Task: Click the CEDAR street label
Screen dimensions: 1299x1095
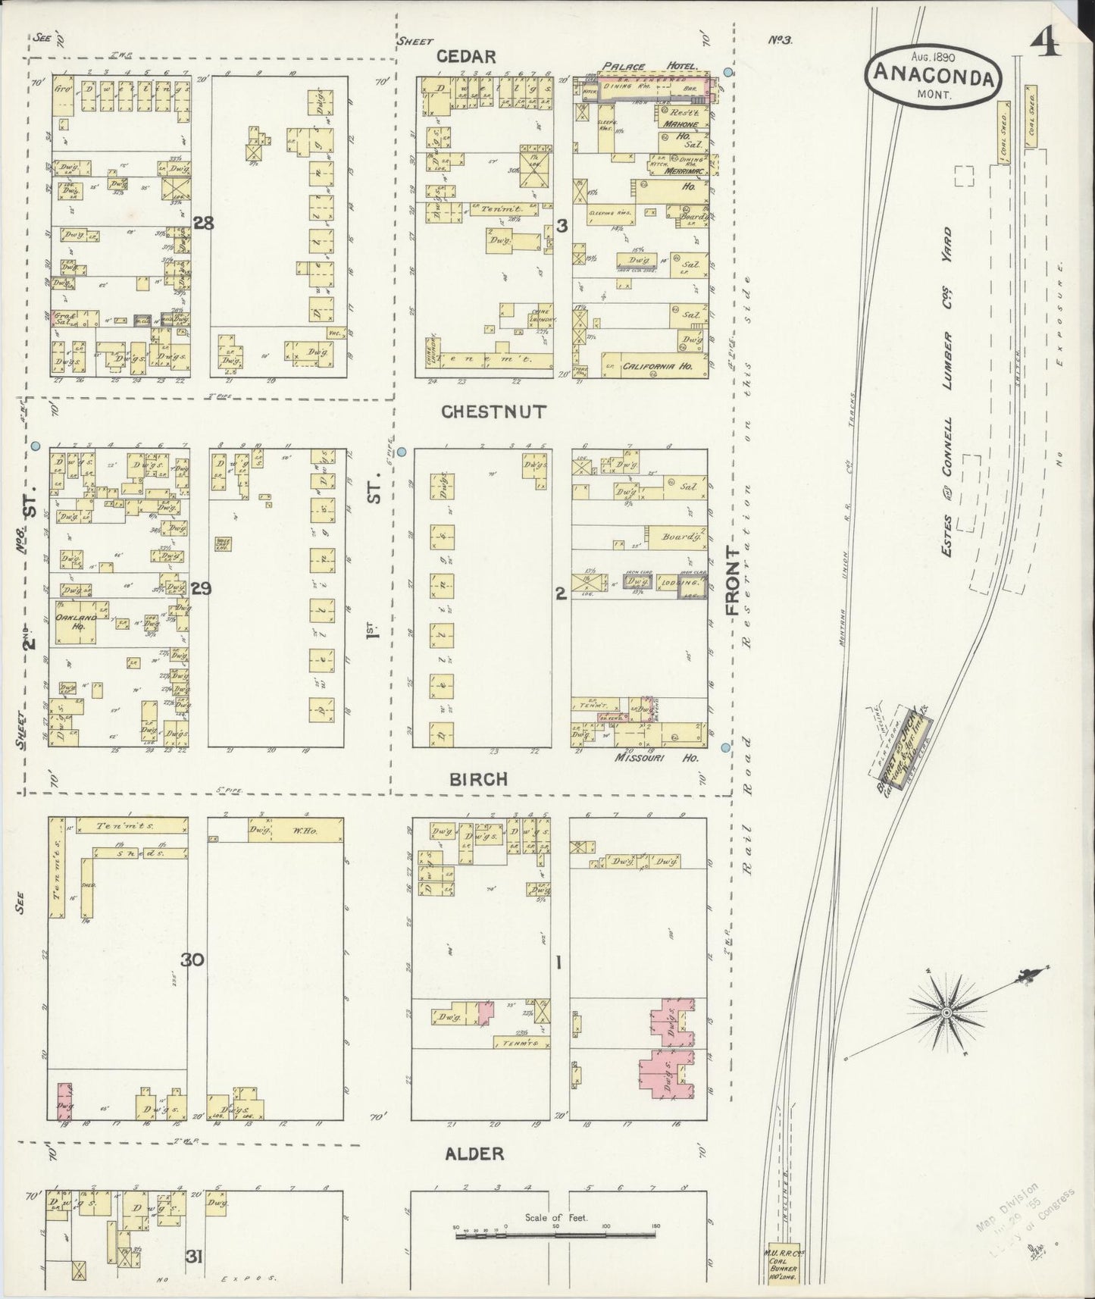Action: point(477,56)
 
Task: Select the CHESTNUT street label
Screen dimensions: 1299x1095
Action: point(493,412)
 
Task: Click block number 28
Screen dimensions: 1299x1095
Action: point(203,223)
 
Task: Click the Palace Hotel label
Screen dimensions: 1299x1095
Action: point(649,67)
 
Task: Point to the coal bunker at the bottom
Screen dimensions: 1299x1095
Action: point(784,1273)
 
